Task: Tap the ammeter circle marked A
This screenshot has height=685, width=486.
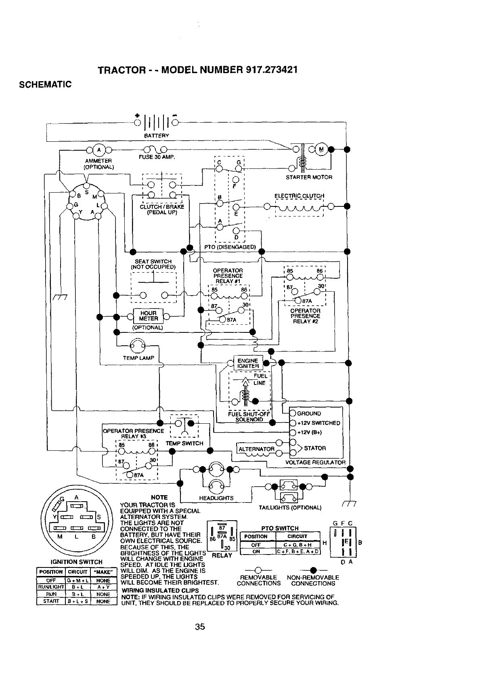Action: pos(98,150)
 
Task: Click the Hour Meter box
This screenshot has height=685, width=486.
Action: pos(148,316)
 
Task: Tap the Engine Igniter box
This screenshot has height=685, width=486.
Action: pos(248,364)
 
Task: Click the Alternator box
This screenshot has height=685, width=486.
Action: pos(256,449)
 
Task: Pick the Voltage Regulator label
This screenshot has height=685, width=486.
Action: pos(315,462)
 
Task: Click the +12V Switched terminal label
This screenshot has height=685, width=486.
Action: pos(318,423)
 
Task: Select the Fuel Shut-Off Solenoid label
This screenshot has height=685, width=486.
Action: pos(246,416)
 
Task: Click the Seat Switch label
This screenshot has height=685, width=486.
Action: pos(153,264)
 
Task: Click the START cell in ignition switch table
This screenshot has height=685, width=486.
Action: pos(50,601)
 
